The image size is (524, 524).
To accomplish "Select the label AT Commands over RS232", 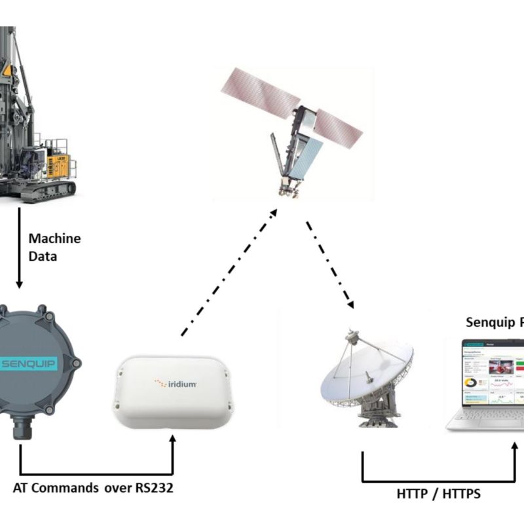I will coord(93,488).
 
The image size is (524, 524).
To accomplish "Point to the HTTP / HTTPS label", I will coord(438,494).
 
